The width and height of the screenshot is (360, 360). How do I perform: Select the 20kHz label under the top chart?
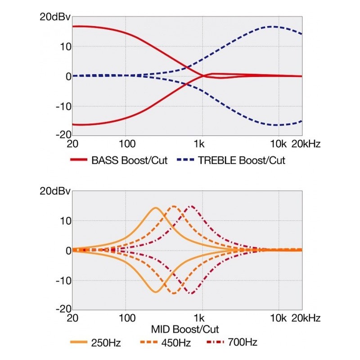(x=306, y=144)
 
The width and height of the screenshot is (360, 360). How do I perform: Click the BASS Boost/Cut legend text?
(x=129, y=160)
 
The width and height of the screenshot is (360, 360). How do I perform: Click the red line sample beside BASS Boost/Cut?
(x=79, y=160)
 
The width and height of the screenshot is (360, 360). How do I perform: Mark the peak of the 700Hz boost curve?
(x=191, y=206)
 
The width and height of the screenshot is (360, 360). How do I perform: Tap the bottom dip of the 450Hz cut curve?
(x=174, y=293)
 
